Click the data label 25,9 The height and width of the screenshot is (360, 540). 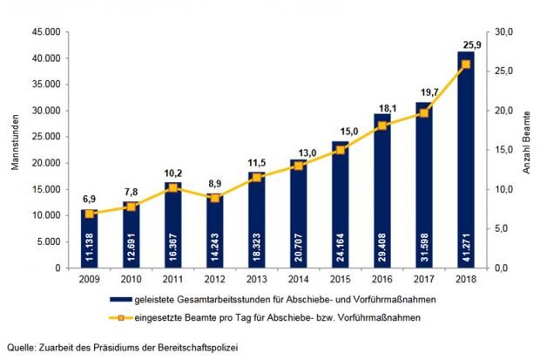(466, 44)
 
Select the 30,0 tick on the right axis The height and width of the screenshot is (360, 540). (508, 32)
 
